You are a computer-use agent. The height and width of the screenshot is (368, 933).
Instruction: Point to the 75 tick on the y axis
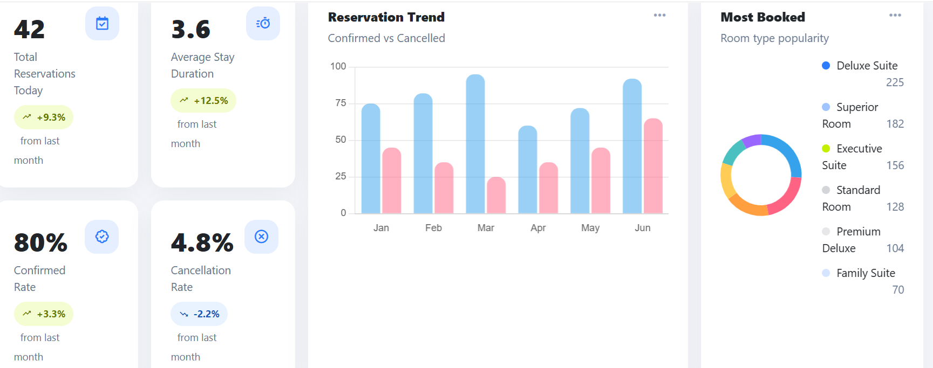[340, 103]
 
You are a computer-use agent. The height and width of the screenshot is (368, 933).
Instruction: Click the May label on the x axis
[590, 228]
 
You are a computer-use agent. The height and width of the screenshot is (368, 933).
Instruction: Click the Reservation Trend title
[386, 17]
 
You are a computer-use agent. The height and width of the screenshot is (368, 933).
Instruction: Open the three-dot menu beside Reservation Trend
[659, 15]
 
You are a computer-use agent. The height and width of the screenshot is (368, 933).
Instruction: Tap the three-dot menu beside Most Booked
[895, 15]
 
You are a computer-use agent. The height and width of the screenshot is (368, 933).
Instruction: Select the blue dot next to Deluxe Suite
[826, 66]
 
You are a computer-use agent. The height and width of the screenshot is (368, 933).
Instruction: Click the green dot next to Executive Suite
[826, 149]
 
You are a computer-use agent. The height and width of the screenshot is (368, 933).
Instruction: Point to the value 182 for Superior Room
[895, 124]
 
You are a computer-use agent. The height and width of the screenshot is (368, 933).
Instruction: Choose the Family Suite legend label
[866, 273]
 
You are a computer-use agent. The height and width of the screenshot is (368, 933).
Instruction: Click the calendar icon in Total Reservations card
[102, 23]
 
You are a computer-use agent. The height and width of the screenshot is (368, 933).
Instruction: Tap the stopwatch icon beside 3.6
[263, 23]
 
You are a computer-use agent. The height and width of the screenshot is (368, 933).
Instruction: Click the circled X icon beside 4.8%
[261, 237]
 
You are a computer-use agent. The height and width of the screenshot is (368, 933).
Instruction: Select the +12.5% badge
[203, 101]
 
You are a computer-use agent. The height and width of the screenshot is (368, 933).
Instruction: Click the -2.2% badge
[199, 314]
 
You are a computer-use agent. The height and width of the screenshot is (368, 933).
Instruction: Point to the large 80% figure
[41, 242]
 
